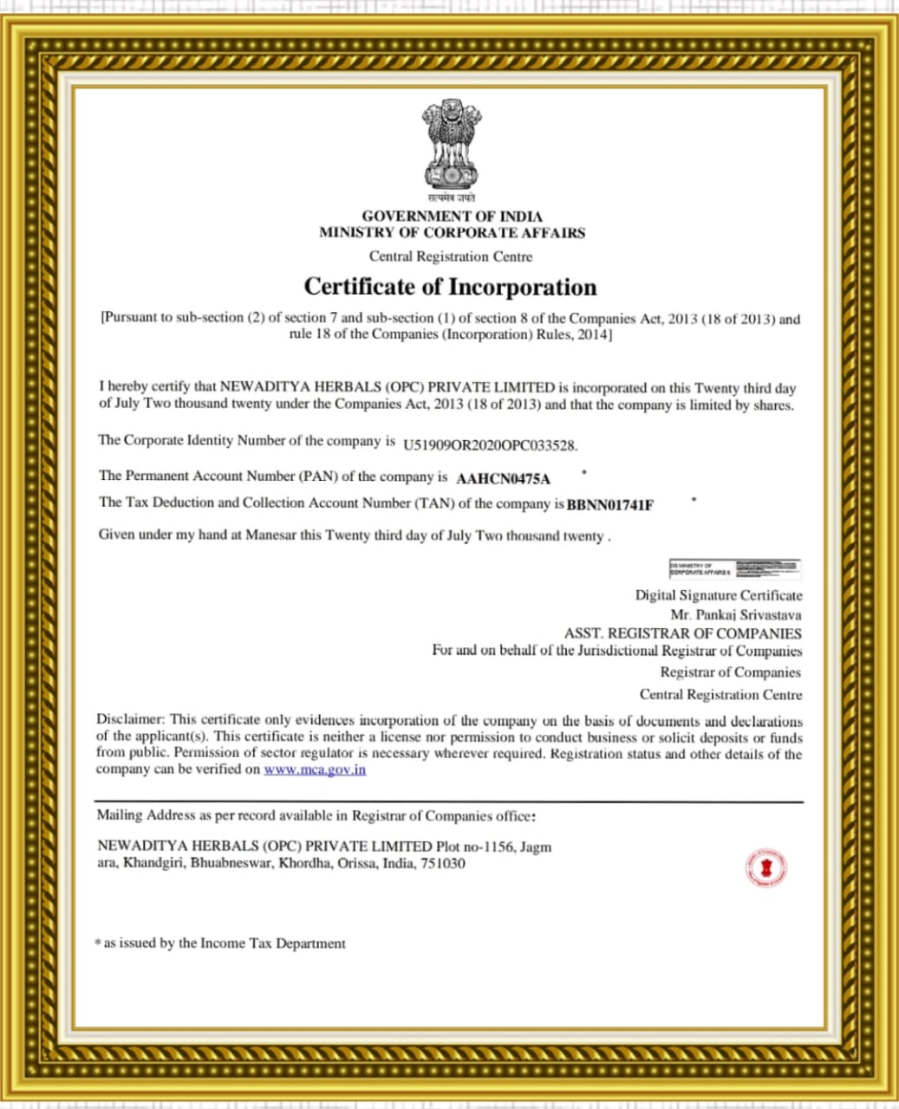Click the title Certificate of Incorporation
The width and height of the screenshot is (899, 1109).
click(450, 287)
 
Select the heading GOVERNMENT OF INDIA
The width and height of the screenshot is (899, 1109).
click(452, 216)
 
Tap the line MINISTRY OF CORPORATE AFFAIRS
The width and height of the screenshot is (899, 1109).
click(452, 232)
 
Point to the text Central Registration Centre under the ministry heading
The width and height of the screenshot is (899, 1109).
click(451, 256)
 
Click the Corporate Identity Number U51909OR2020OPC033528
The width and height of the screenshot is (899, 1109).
click(490, 445)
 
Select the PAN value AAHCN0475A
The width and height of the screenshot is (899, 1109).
click(503, 478)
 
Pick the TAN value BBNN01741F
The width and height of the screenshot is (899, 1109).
click(609, 504)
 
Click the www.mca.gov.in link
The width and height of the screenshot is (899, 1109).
click(315, 769)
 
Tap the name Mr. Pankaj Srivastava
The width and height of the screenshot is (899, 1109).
click(736, 614)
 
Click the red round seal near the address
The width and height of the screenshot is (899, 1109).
click(766, 867)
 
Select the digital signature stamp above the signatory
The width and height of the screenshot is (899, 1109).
click(734, 569)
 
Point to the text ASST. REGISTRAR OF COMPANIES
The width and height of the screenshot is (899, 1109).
click(682, 633)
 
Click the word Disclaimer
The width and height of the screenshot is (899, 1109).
click(130, 719)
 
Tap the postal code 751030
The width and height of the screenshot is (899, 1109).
click(443, 863)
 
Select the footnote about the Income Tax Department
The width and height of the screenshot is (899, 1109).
click(221, 943)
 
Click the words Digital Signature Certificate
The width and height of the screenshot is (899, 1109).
click(719, 595)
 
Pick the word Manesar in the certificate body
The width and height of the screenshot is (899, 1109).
click(270, 535)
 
